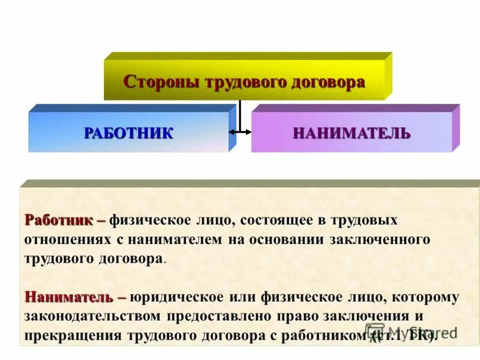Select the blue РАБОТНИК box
pyautogui.click(x=128, y=133)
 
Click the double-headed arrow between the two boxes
pyautogui.click(x=240, y=131)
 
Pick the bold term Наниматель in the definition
pyautogui.click(x=68, y=296)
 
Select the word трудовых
pyautogui.click(x=367, y=220)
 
